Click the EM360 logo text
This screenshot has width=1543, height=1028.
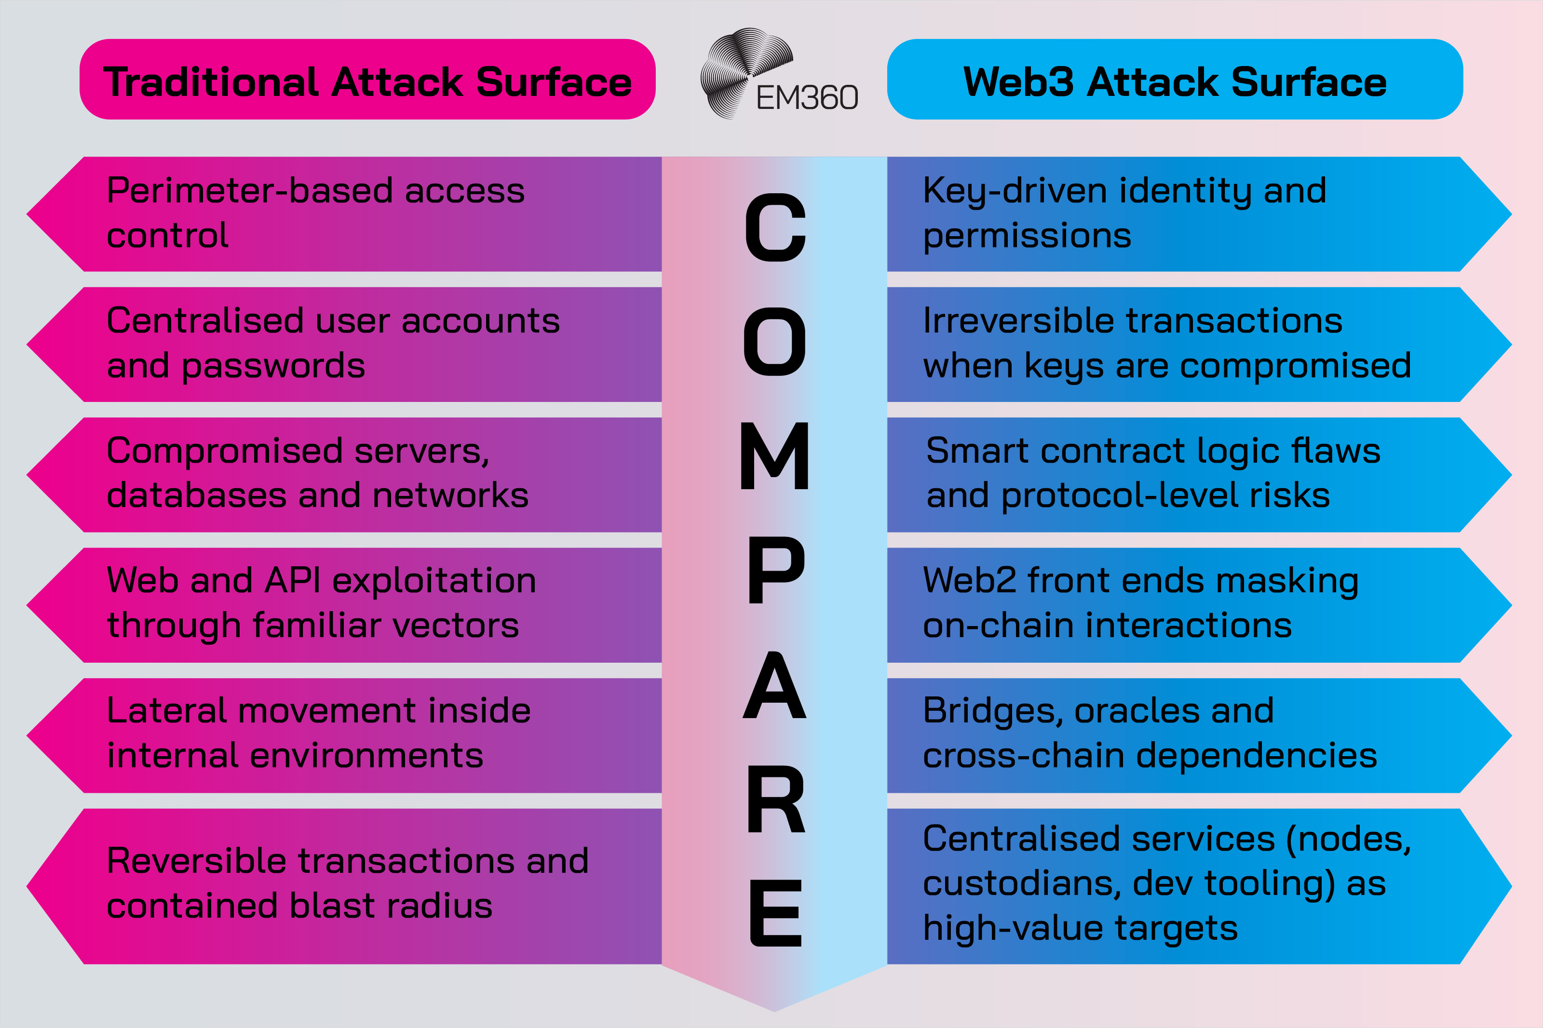(x=807, y=98)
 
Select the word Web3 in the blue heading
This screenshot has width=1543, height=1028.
(x=1018, y=82)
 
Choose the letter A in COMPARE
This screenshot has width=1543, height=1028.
(x=774, y=685)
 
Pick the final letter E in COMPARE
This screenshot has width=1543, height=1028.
(x=776, y=913)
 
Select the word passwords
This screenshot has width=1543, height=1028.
(x=273, y=366)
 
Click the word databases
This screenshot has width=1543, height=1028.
(x=196, y=495)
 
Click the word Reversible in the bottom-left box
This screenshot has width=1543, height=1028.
(x=195, y=861)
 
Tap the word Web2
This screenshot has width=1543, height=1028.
(x=969, y=581)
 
